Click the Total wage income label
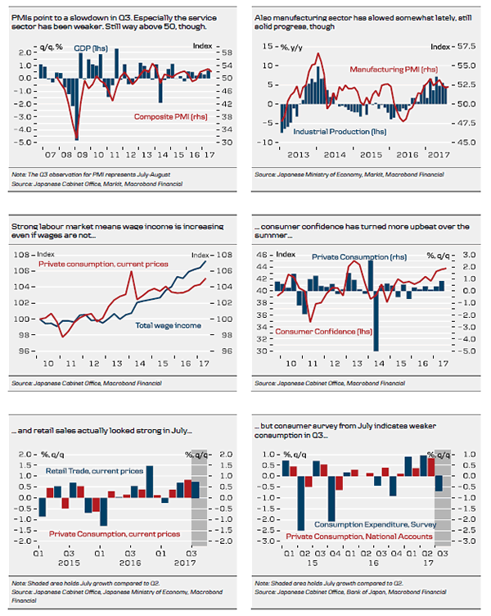[166, 326]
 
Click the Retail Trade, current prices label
[91, 471]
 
